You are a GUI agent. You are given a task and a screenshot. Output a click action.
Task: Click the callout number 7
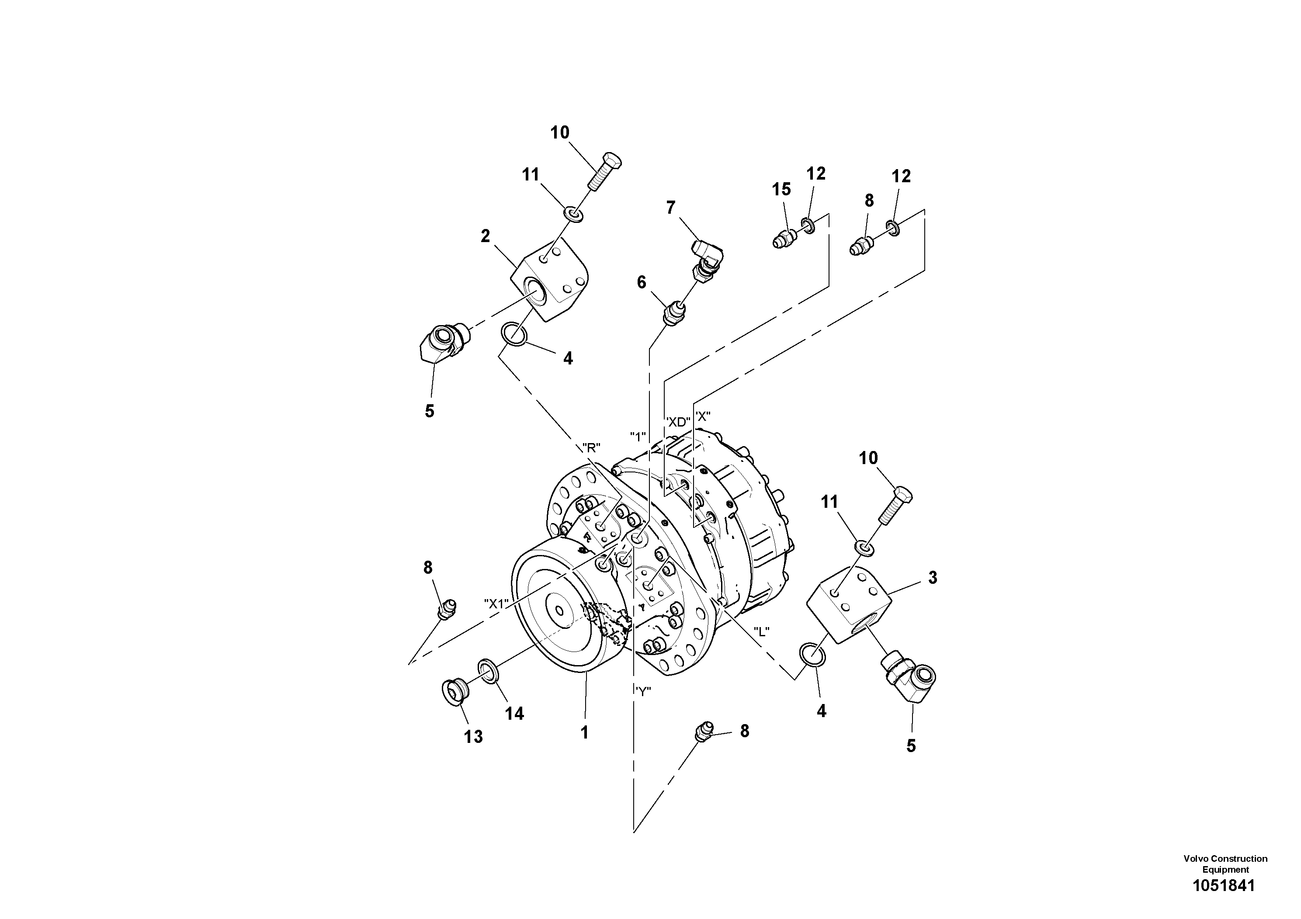[x=670, y=208]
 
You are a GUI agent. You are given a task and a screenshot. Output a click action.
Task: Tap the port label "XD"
[x=678, y=422]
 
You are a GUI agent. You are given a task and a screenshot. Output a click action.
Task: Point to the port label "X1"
[x=497, y=603]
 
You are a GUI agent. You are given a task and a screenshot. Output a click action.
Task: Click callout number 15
[x=781, y=189]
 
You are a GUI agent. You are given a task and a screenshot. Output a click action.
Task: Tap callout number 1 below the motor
[x=584, y=732]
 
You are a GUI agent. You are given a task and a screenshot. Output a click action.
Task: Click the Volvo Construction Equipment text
[x=1225, y=864]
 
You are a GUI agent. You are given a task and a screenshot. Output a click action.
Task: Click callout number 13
[x=473, y=737]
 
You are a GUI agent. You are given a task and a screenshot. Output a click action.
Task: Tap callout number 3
[x=933, y=577]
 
